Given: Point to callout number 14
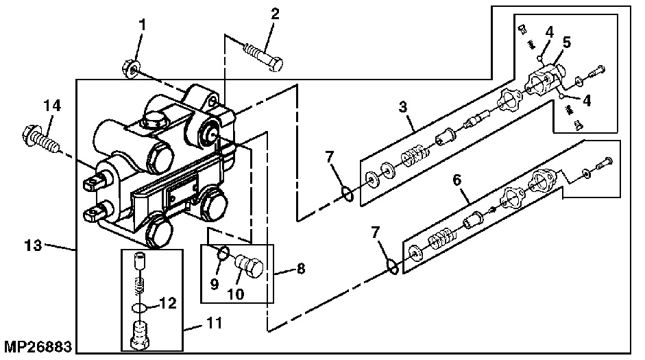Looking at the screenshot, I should (x=53, y=106).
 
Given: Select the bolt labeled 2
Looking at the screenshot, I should (x=264, y=54).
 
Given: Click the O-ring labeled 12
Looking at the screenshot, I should (x=139, y=307).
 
